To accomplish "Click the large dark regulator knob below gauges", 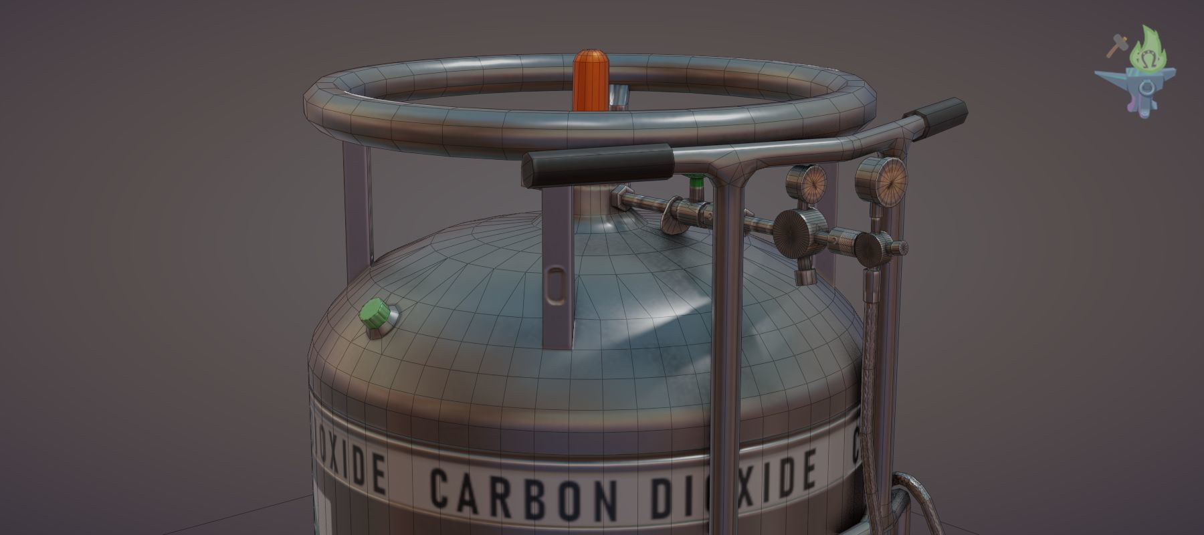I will point(796,231).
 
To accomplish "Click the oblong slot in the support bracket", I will point(555,284).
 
